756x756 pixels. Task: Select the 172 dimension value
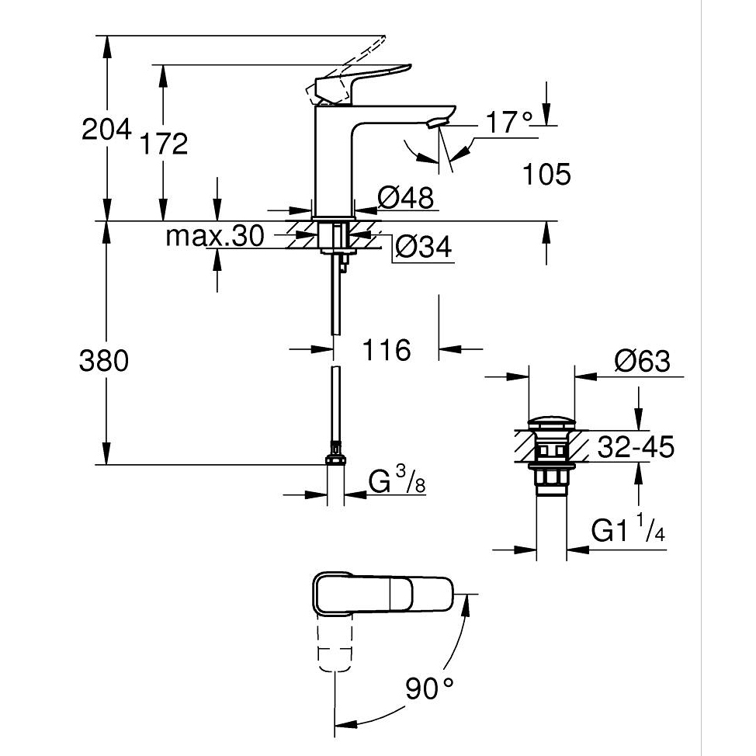click(165, 143)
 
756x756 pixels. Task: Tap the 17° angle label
click(509, 123)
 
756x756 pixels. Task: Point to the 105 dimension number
click(546, 175)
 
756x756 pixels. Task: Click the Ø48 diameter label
click(406, 198)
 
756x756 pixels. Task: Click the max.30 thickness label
click(215, 235)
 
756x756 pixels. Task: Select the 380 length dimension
click(105, 361)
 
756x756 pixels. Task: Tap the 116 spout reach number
click(387, 350)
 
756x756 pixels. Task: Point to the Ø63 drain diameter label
click(641, 361)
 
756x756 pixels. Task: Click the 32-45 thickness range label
click(636, 447)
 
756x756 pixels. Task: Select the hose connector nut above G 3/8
click(335, 458)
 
